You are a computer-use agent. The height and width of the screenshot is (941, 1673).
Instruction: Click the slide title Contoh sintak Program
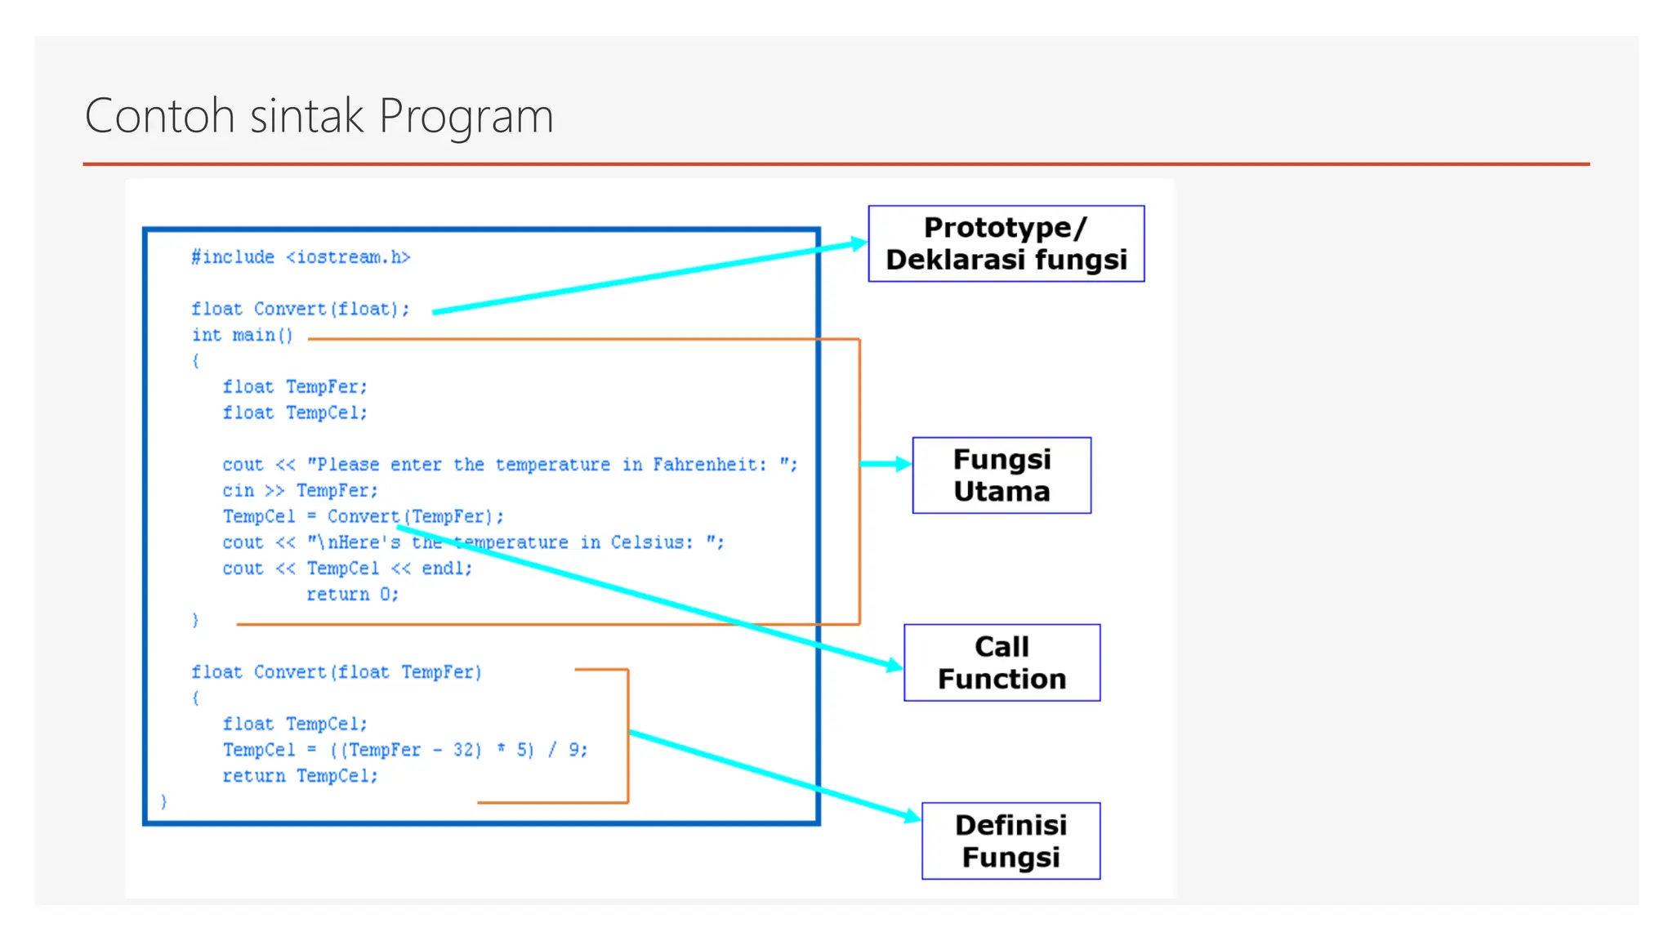point(319,115)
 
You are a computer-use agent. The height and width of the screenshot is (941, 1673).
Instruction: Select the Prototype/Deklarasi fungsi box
point(1006,243)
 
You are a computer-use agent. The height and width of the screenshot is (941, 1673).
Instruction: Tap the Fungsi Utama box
point(1001,475)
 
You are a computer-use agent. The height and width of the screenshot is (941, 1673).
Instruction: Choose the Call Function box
point(1002,662)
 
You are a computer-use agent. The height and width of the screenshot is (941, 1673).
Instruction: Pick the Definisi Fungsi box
point(1010,841)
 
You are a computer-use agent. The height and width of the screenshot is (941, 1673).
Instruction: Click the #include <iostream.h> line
point(301,257)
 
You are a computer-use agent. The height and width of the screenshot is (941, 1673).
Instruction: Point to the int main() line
point(242,335)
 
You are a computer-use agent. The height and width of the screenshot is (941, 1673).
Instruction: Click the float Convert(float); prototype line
point(300,309)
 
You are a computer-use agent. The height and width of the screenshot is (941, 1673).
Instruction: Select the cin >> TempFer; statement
point(300,490)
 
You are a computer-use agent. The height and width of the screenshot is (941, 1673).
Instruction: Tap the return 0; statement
point(352,594)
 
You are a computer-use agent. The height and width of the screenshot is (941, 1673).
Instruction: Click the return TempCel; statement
point(300,775)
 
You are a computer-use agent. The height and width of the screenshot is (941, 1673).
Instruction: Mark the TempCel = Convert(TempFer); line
point(363,516)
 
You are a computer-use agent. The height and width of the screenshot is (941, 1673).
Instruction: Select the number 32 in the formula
point(466,749)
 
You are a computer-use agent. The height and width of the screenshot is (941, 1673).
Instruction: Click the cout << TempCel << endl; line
point(347,568)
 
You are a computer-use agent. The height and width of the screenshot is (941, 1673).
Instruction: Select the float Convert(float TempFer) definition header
point(337,671)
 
